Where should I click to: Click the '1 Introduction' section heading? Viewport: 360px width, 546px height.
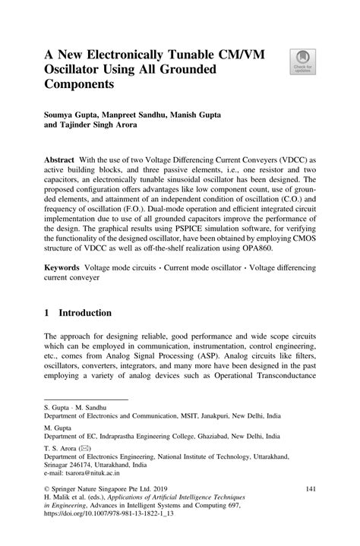[77, 312]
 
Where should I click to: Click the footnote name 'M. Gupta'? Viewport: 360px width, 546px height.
[58, 428]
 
